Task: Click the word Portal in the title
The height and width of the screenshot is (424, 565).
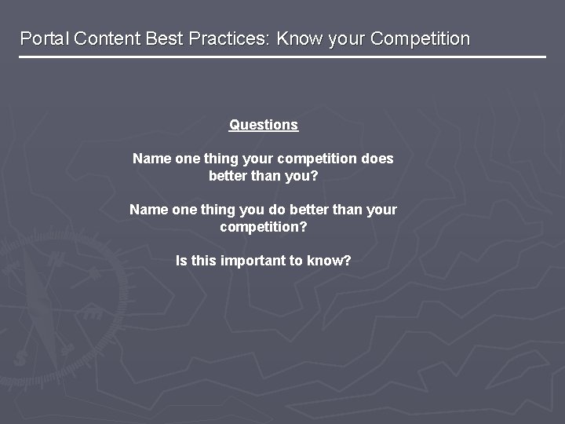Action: [44, 38]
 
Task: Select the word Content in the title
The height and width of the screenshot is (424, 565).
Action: [106, 38]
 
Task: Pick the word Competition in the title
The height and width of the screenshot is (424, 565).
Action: [420, 38]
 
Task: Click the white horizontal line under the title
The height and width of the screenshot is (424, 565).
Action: [282, 57]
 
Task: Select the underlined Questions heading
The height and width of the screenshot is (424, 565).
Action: [264, 125]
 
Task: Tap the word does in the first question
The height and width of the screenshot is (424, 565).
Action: [377, 159]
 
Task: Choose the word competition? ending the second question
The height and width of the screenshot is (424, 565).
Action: [264, 227]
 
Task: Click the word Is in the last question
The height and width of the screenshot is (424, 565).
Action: [181, 261]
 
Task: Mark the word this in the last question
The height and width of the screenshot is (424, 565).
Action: [203, 261]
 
